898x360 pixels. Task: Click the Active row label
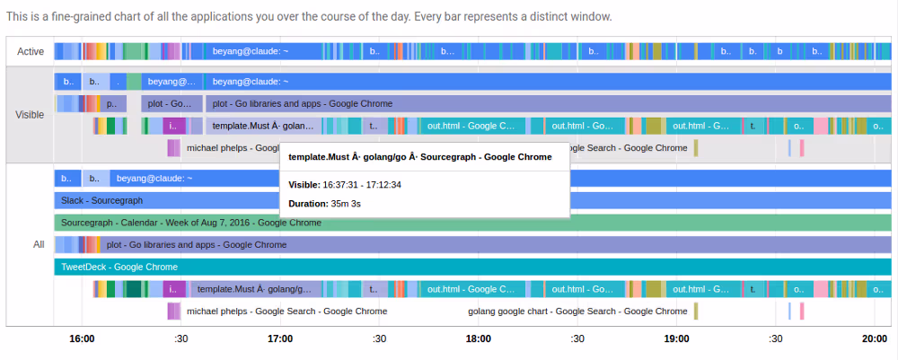(31, 52)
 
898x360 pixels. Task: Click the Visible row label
(31, 115)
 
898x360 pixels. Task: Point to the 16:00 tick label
(82, 338)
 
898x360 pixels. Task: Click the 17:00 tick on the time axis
(280, 338)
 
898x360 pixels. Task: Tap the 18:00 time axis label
(479, 338)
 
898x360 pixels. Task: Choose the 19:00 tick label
(676, 338)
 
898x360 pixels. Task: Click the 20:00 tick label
(875, 338)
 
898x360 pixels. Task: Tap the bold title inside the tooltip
(420, 157)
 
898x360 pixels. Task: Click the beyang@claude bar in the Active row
(251, 52)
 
